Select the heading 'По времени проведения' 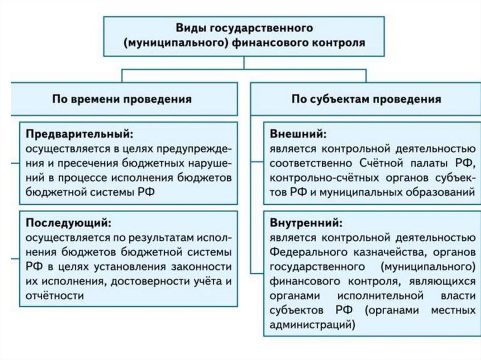pyautogui.click(x=122, y=99)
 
